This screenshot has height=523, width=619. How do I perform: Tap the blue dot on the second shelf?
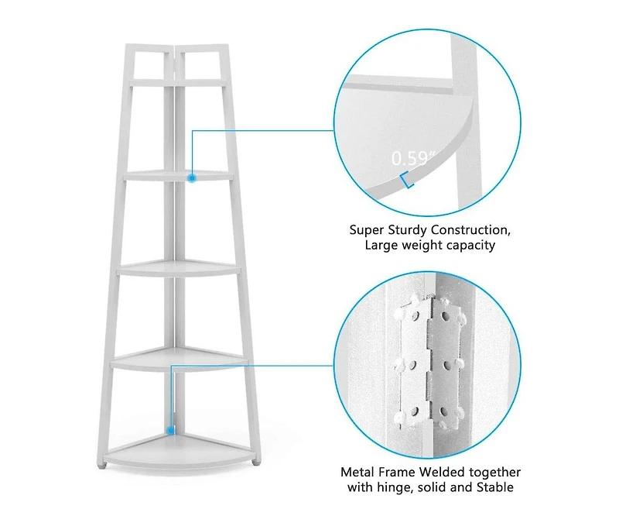tap(191, 177)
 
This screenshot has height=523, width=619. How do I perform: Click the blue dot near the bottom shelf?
tap(171, 428)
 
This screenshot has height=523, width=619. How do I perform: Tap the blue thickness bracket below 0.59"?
tap(407, 181)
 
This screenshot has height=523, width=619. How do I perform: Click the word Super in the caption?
tap(365, 230)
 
